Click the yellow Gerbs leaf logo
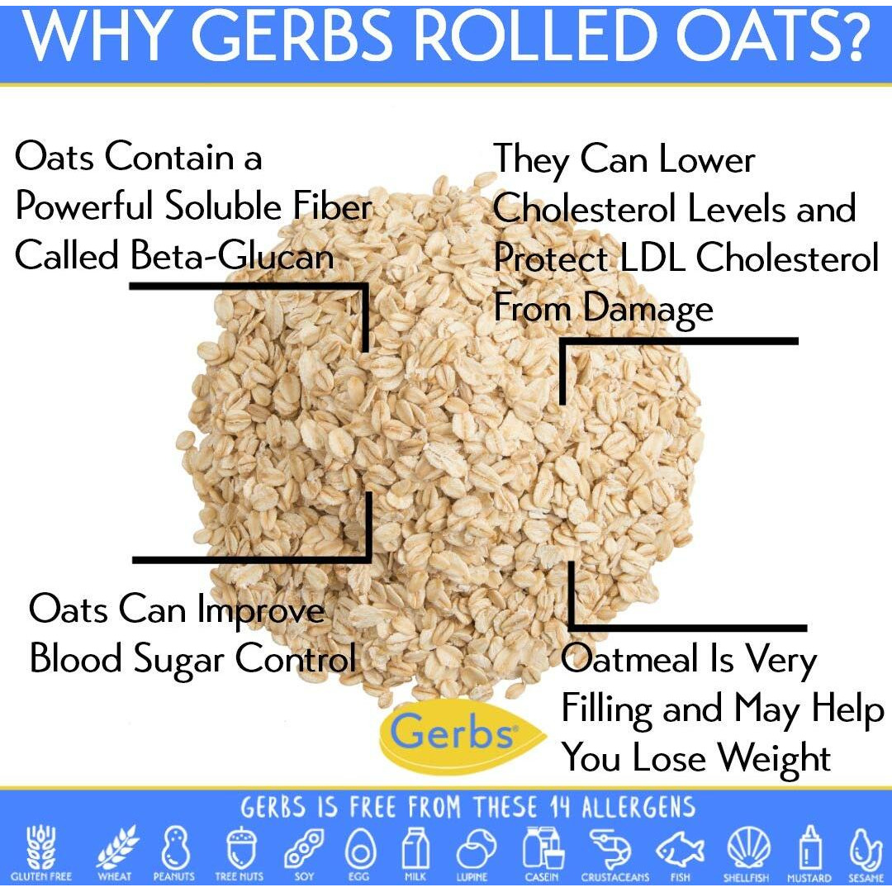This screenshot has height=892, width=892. point(449,733)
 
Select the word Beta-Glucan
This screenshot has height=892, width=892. point(232,256)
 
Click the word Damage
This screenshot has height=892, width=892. point(648,309)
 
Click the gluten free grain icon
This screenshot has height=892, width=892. point(40,847)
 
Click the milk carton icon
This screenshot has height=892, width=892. point(414,847)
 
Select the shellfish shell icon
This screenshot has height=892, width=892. point(747,847)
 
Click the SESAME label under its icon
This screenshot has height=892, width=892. point(866,878)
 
